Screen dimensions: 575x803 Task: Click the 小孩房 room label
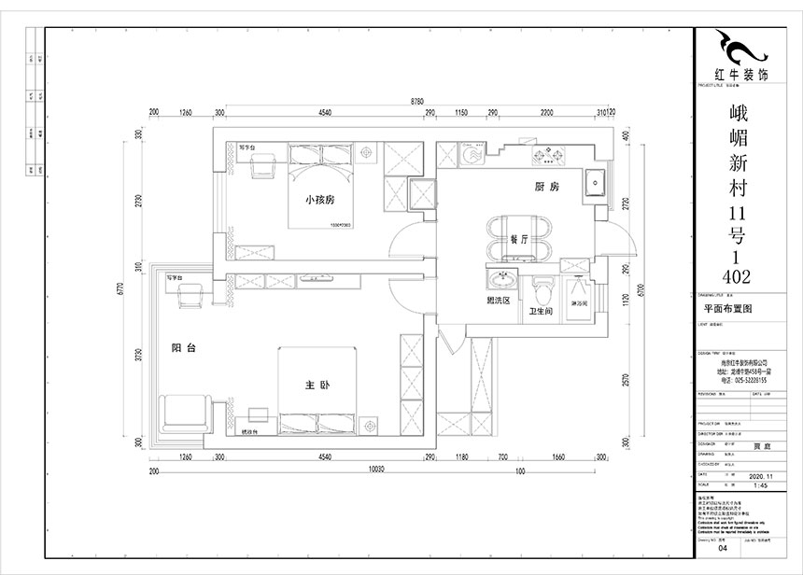coord(313,200)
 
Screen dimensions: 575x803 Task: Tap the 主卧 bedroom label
coord(315,385)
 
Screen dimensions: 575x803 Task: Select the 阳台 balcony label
coord(183,348)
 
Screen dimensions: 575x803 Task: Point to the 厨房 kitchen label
coord(546,188)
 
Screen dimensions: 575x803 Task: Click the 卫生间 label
coord(541,311)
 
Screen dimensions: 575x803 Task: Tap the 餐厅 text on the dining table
coord(519,240)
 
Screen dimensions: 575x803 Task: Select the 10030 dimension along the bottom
coord(376,470)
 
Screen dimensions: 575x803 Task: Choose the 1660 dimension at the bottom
coord(557,457)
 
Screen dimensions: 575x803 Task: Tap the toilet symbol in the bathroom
coord(542,286)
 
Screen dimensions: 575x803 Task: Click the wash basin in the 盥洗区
coord(504,280)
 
